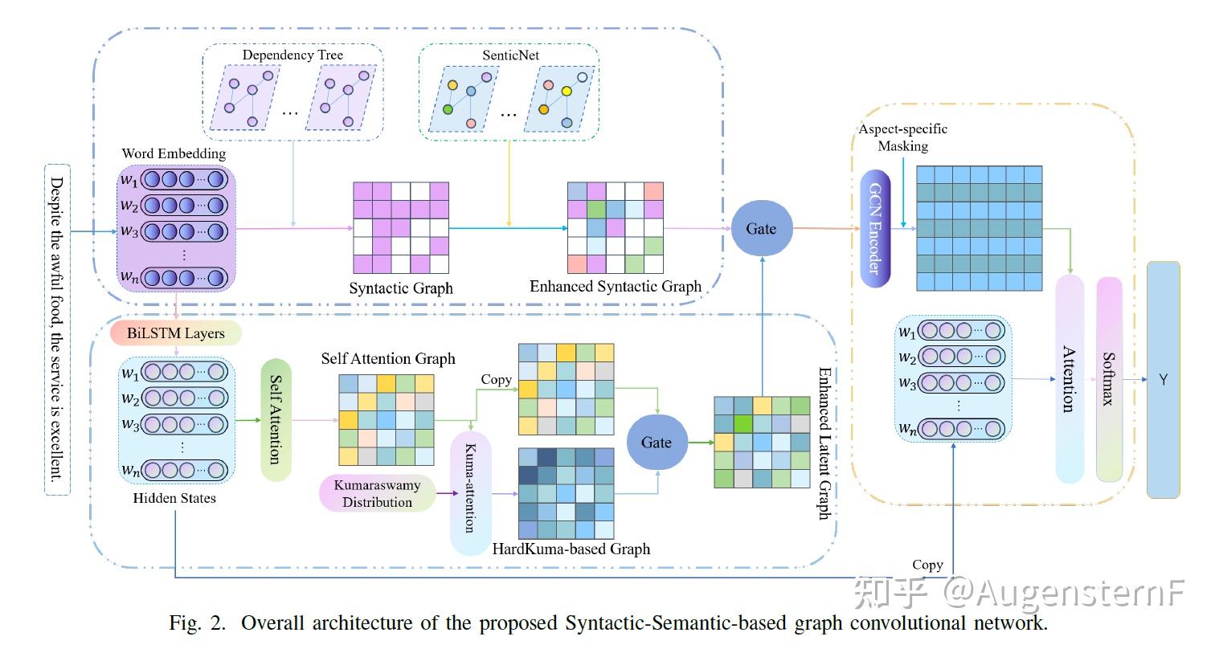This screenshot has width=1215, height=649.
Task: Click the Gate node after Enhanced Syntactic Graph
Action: [761, 228]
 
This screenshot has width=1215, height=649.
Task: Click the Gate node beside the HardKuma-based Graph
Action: [657, 443]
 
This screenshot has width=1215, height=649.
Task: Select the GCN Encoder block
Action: [875, 228]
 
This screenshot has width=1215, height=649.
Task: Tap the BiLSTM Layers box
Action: [175, 333]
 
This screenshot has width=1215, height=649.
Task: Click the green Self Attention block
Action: [276, 419]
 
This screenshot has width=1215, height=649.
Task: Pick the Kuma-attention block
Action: [470, 492]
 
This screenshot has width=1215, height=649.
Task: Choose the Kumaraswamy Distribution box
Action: [377, 493]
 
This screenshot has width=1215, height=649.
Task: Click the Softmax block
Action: [1109, 379]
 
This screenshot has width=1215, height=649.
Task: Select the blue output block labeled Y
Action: [1163, 380]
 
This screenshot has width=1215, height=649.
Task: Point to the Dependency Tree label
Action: [292, 55]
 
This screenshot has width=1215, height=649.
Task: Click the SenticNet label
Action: [510, 55]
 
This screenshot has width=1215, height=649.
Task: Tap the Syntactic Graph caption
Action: [401, 288]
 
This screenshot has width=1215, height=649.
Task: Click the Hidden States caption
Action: [174, 498]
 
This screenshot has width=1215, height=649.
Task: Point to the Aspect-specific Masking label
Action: [902, 137]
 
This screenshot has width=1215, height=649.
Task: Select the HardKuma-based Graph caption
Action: [571, 549]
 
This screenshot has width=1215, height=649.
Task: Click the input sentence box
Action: [57, 329]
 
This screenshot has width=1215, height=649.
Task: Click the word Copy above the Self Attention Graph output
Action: [496, 380]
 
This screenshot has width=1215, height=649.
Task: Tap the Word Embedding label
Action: [174, 153]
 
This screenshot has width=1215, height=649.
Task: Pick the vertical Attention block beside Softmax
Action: [1069, 379]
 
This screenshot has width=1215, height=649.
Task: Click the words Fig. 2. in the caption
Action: [197, 623]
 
